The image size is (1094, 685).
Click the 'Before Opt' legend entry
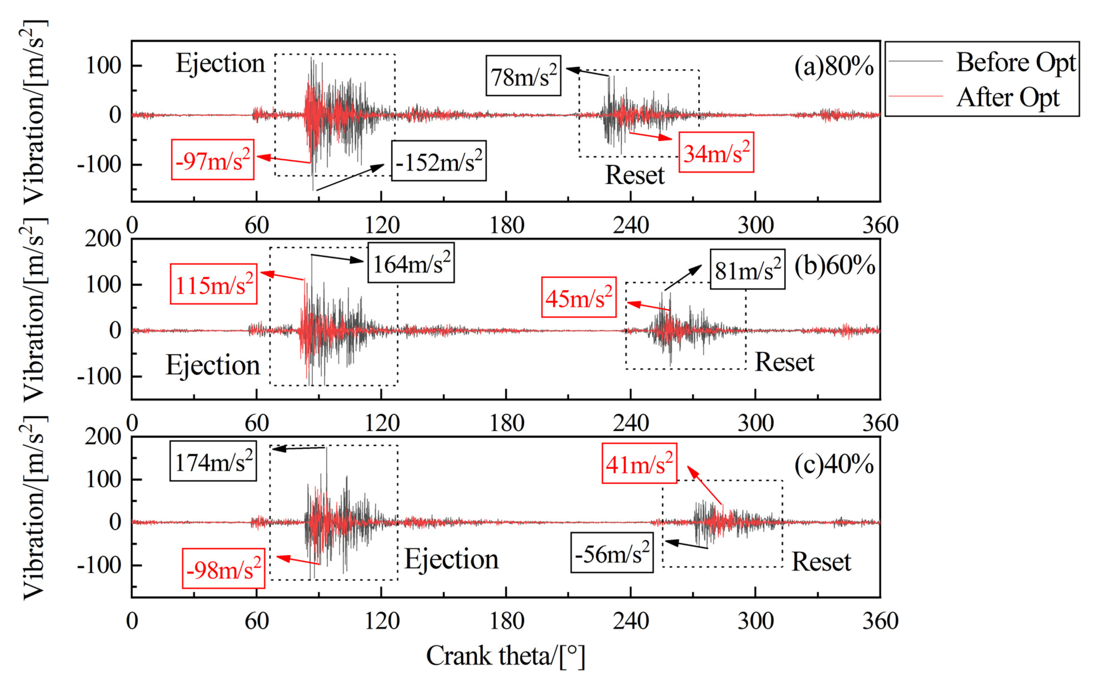point(1015,62)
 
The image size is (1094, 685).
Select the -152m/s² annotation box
point(439,161)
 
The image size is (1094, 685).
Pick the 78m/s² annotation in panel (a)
point(524,76)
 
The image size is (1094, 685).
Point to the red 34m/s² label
point(716,153)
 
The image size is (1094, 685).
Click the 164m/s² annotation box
point(411,263)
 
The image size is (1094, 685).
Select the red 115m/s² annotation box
point(213,284)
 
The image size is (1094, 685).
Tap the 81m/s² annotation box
point(747,269)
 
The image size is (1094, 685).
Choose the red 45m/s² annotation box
point(579,297)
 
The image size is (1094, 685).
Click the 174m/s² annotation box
point(213,461)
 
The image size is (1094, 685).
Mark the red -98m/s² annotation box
point(224,569)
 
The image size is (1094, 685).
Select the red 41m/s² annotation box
point(639,463)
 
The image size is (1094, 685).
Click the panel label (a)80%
point(834,67)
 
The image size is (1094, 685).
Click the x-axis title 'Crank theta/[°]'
point(505,655)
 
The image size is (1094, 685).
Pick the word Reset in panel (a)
point(634,175)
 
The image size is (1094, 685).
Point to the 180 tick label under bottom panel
point(507,621)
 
